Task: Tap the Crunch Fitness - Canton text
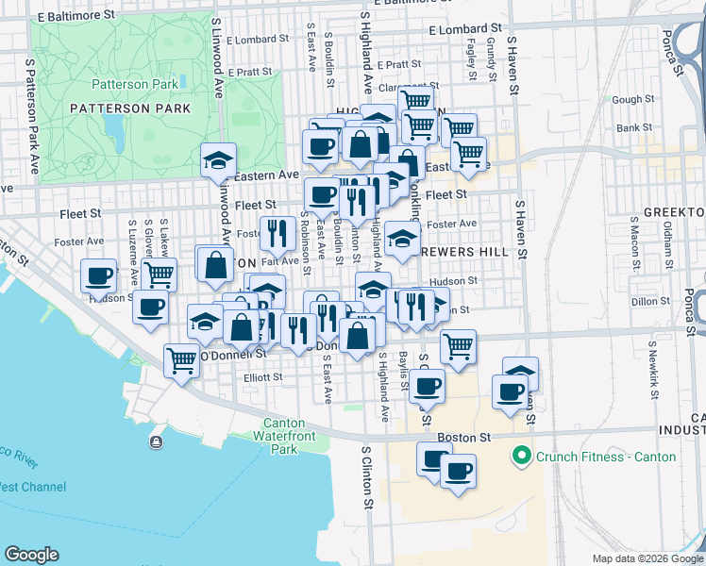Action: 605,457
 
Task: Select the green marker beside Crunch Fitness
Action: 519,458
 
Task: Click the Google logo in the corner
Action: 31,555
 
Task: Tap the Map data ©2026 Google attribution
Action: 647,558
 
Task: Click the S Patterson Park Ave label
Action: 31,116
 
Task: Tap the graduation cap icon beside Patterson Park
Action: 218,158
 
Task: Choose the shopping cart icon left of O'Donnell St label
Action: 181,359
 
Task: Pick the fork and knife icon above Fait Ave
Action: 277,231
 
